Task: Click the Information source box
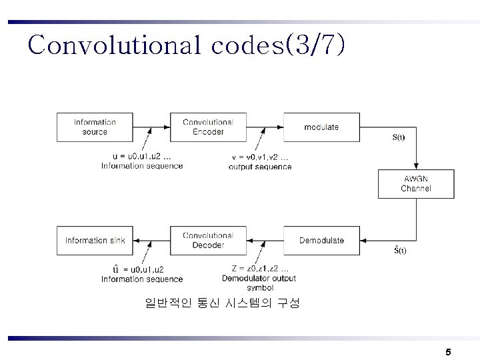point(95,127)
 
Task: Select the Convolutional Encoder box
point(208,127)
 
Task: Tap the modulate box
point(321,127)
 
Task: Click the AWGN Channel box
point(416,184)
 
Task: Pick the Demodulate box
point(321,241)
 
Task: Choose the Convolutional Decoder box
point(208,241)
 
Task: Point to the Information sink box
point(95,241)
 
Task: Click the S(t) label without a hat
point(399,138)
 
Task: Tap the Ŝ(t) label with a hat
point(400,250)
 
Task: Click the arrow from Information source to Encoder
point(151,127)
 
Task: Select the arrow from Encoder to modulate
point(265,127)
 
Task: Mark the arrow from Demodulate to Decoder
point(265,241)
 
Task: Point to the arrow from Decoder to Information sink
point(151,241)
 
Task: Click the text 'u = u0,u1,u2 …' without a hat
point(141,157)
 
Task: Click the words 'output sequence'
point(260,167)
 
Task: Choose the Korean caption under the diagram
point(223,303)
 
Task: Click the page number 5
point(448,351)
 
